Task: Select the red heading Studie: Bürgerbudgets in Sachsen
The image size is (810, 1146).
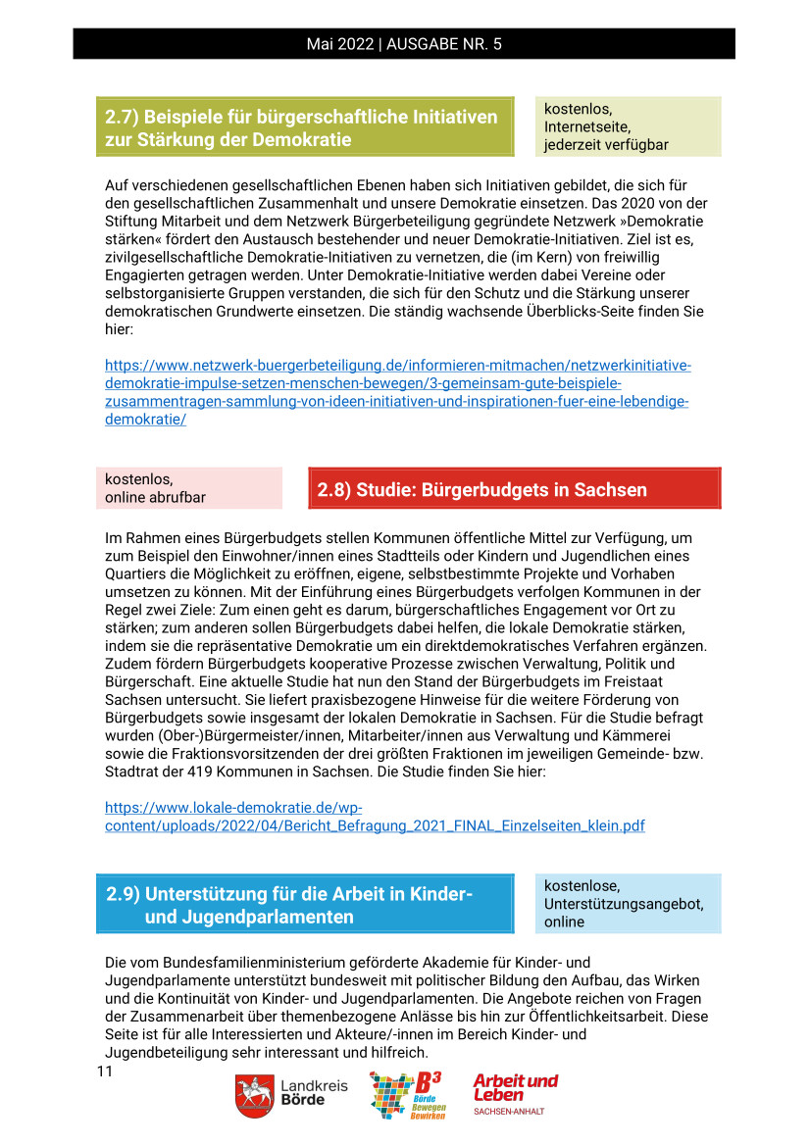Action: (x=481, y=489)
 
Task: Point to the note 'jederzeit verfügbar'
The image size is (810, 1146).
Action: (x=606, y=145)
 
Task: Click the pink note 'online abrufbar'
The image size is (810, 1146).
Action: (x=155, y=497)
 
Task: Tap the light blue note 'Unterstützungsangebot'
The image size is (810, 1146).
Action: (x=624, y=904)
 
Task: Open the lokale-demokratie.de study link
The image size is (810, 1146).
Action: (x=375, y=817)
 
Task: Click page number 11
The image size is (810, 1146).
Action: (x=105, y=1071)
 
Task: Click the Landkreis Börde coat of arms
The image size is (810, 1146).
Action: (x=254, y=1095)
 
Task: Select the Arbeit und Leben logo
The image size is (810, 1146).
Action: (x=515, y=1093)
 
